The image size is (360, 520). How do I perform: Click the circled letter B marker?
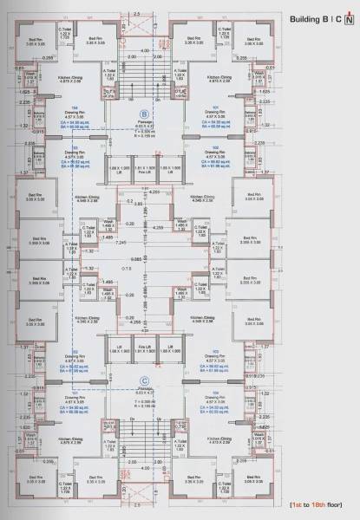144,114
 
